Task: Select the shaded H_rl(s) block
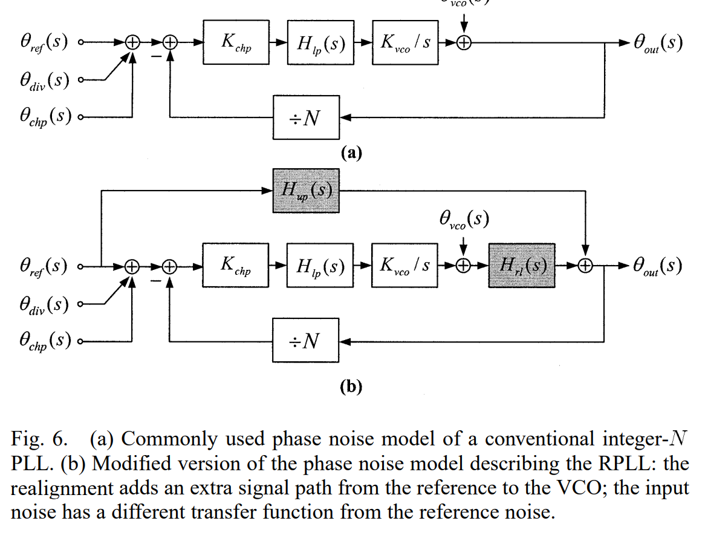tap(521, 266)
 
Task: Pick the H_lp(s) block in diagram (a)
tap(319, 42)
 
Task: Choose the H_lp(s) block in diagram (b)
tap(319, 266)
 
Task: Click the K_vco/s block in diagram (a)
tap(404, 42)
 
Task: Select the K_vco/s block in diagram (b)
tap(404, 266)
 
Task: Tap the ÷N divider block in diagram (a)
tap(305, 117)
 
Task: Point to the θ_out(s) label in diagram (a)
tap(658, 43)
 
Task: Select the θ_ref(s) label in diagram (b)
tap(44, 266)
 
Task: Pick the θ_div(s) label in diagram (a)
tap(44, 80)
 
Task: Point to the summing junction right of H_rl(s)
tap(585, 266)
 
